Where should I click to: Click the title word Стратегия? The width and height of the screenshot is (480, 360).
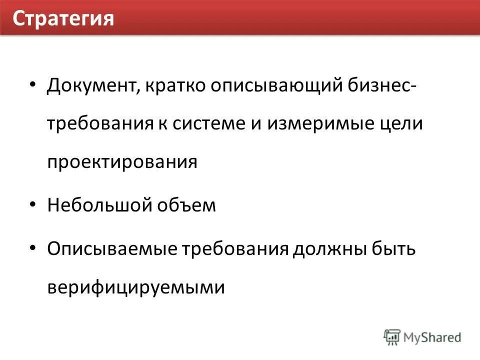pyautogui.click(x=63, y=19)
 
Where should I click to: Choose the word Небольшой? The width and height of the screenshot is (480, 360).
pyautogui.click(x=100, y=205)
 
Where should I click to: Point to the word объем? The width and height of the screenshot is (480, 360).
pyautogui.click(x=188, y=205)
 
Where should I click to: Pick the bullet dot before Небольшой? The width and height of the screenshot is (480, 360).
pyautogui.click(x=33, y=204)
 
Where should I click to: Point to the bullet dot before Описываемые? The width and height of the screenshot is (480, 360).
pyautogui.click(x=33, y=247)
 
